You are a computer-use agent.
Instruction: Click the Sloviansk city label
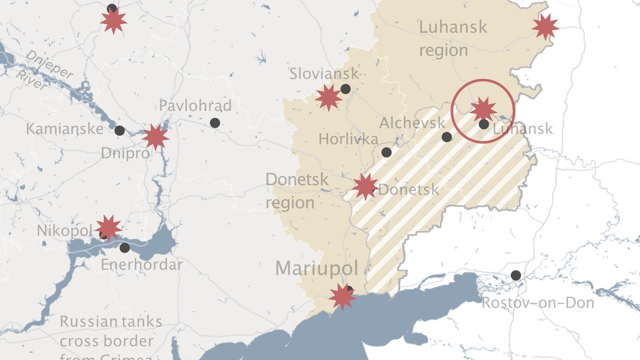coord(324,74)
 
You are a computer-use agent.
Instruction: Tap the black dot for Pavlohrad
coord(215,123)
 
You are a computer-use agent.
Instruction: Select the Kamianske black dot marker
coord(119,130)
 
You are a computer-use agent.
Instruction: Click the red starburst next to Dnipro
coord(155,137)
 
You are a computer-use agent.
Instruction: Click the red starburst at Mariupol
coord(342,297)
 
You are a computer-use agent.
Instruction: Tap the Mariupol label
coord(317,268)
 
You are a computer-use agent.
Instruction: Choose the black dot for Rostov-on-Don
coord(516,275)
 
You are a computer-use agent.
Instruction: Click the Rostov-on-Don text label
coord(538,303)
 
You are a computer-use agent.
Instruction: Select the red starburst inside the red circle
coord(483,109)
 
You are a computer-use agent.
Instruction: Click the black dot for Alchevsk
coord(447,137)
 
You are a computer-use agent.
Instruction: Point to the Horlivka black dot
coord(386,153)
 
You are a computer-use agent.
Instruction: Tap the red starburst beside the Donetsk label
coord(365,187)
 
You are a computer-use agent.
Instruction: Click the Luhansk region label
coord(452,38)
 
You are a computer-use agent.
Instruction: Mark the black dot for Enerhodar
coord(124,247)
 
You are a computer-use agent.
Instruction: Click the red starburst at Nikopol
coord(108,228)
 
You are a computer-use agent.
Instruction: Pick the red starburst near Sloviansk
coord(328,98)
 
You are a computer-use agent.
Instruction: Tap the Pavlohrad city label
coord(195,106)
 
